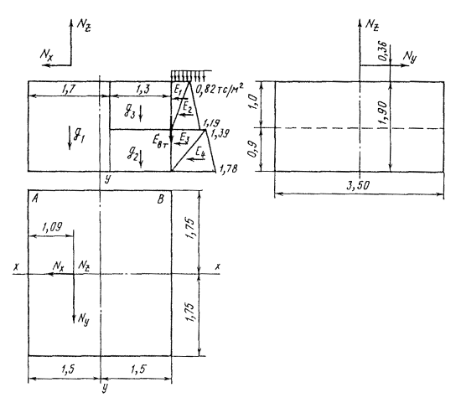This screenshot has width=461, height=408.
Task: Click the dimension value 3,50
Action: (358, 185)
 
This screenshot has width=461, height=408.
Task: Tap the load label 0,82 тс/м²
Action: (220, 88)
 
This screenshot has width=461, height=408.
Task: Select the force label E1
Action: (178, 90)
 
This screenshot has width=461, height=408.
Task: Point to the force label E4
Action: (200, 152)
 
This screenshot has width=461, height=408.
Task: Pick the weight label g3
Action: (129, 112)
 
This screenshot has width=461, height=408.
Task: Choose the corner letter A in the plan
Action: (35, 199)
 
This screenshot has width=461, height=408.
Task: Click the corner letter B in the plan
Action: (161, 199)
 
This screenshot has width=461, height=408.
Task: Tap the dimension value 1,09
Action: (52, 227)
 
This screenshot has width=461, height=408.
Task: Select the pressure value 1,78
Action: (228, 168)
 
